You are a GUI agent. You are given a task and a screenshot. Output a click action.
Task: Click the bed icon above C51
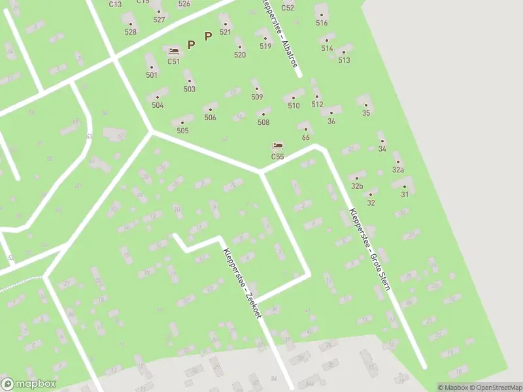tap(173, 51)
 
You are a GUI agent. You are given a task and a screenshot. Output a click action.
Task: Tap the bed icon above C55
tap(278, 146)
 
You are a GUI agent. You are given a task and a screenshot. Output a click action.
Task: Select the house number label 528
tap(131, 31)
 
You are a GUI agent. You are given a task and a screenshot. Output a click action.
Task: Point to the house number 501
tap(152, 74)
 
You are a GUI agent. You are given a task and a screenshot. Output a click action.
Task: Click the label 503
tap(190, 89)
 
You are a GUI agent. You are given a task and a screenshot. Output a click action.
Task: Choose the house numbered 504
tap(158, 105)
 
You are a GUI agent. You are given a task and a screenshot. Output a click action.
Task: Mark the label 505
tap(182, 130)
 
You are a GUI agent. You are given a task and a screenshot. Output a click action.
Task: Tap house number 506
tap(210, 117)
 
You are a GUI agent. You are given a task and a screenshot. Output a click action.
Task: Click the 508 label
tap(263, 122)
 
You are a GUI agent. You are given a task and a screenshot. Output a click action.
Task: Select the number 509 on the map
tap(257, 97)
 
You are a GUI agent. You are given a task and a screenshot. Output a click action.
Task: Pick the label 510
tap(294, 105)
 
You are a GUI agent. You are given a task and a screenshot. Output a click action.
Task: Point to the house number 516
tap(322, 22)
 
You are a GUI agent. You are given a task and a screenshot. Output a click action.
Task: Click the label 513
tap(344, 60)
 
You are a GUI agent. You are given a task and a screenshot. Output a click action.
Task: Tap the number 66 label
tap(305, 137)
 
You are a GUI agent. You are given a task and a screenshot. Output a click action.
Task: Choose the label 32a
tap(398, 169)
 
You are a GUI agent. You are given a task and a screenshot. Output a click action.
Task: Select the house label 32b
tap(357, 186)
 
